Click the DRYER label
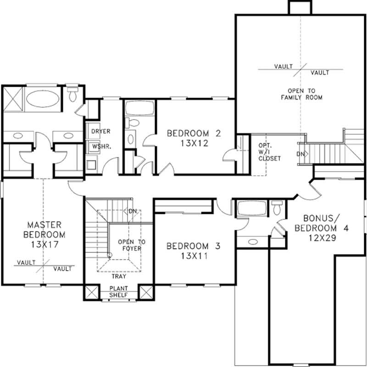(100, 132)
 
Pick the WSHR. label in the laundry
(100, 147)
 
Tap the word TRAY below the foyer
(119, 277)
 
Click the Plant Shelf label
(119, 291)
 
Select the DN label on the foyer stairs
(133, 211)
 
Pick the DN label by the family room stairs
(300, 154)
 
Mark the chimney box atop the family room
(298, 7)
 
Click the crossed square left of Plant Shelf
(92, 293)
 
